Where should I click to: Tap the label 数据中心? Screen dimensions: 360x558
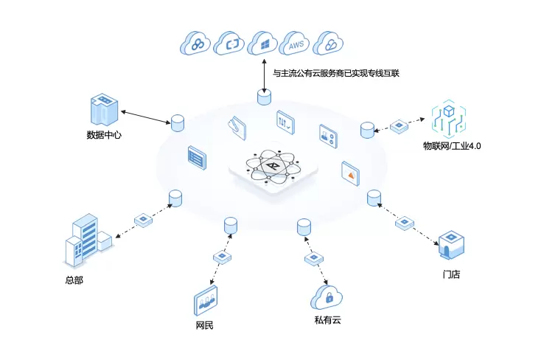coord(104,135)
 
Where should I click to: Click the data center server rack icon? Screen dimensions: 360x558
coord(102,110)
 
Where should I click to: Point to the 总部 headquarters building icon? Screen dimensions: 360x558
coord(86,240)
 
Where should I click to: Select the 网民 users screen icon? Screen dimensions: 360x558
coord(206,301)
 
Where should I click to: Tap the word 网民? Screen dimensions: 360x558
coord(205,325)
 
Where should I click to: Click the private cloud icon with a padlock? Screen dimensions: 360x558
coord(328,297)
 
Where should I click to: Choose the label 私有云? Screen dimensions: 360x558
coord(327,321)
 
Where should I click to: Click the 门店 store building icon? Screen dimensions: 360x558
coord(450,245)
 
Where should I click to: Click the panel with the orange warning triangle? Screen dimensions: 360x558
coord(350,173)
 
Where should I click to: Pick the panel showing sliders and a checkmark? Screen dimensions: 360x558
coord(285,122)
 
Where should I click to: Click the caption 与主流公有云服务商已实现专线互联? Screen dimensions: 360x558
coord(335,74)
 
